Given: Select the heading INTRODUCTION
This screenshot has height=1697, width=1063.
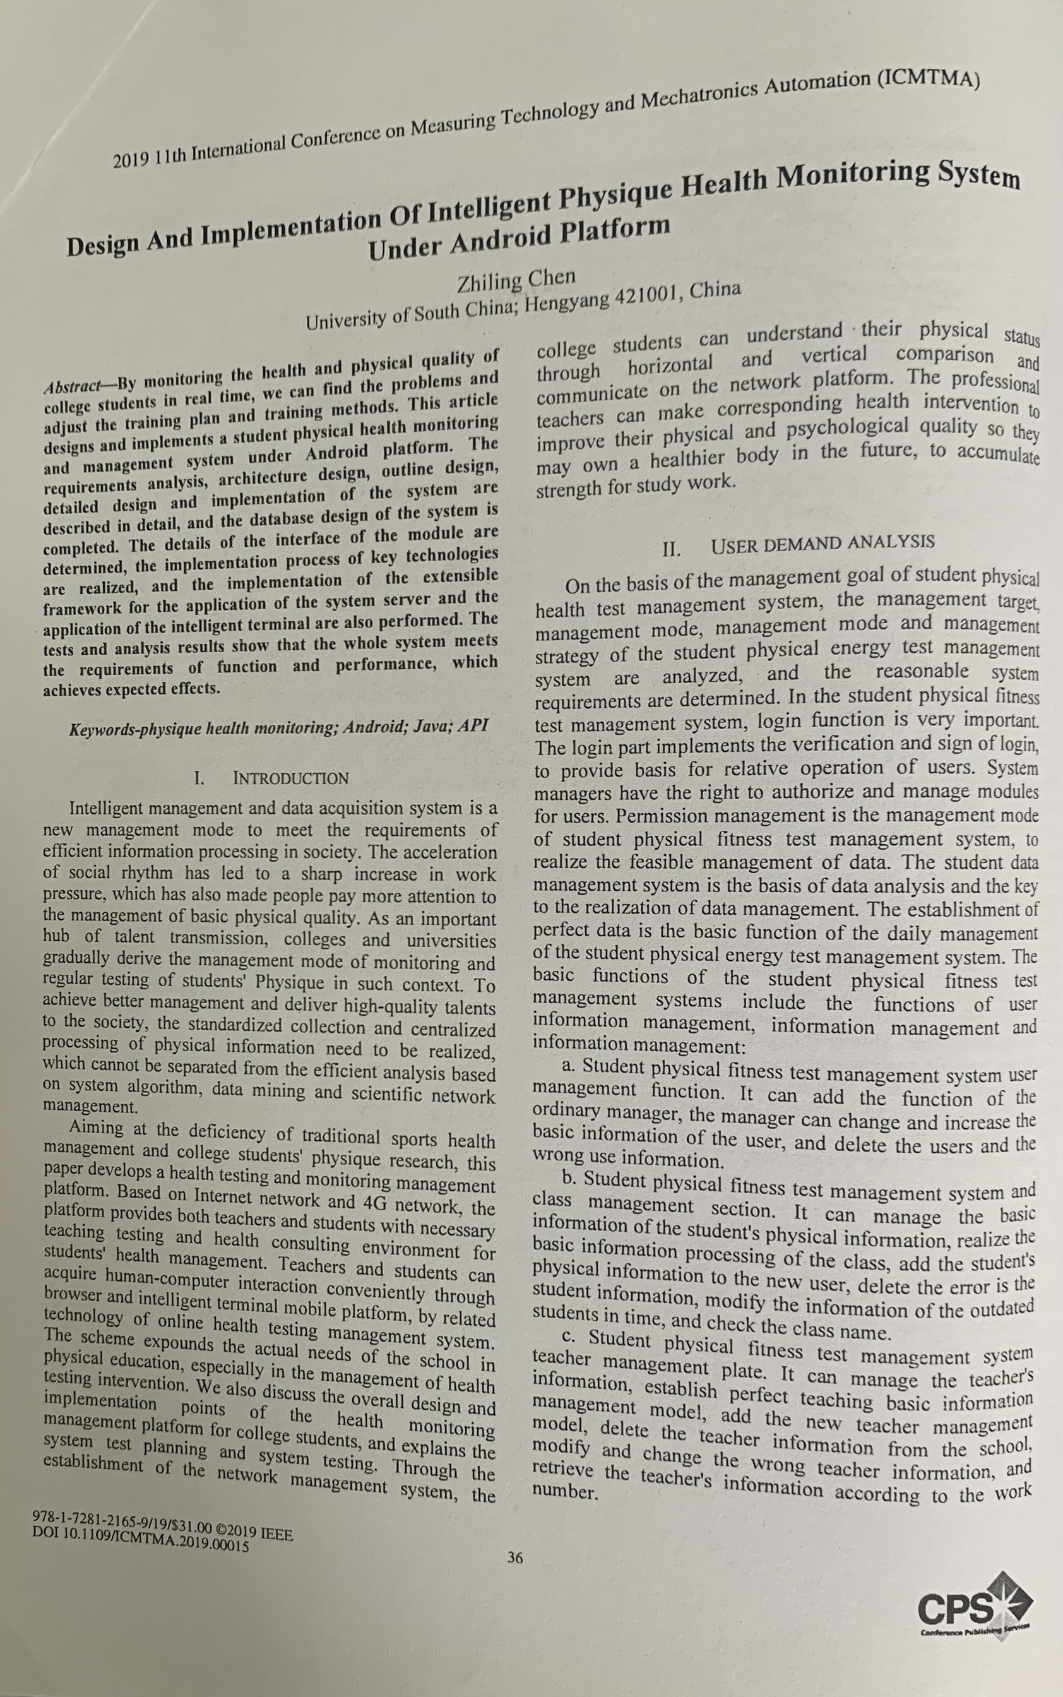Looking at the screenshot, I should pyautogui.click(x=290, y=778).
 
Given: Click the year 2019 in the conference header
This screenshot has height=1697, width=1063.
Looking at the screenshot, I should pyautogui.click(x=130, y=160).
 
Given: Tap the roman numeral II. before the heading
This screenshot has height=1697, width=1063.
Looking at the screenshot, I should pyautogui.click(x=672, y=549).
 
